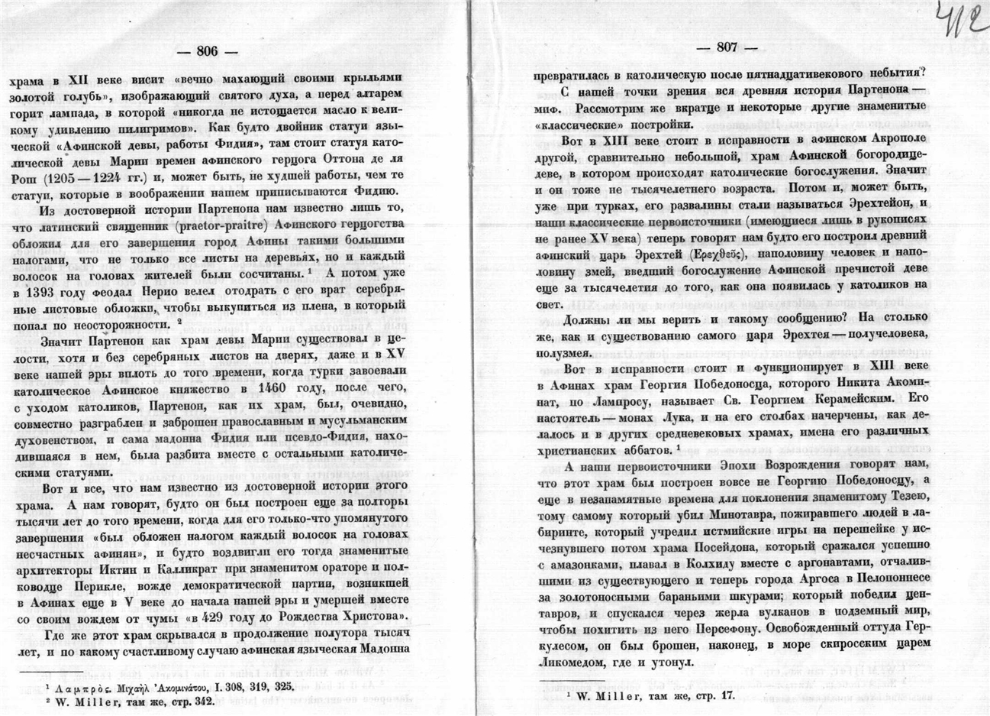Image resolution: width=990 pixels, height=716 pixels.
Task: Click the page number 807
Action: (727, 47)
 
